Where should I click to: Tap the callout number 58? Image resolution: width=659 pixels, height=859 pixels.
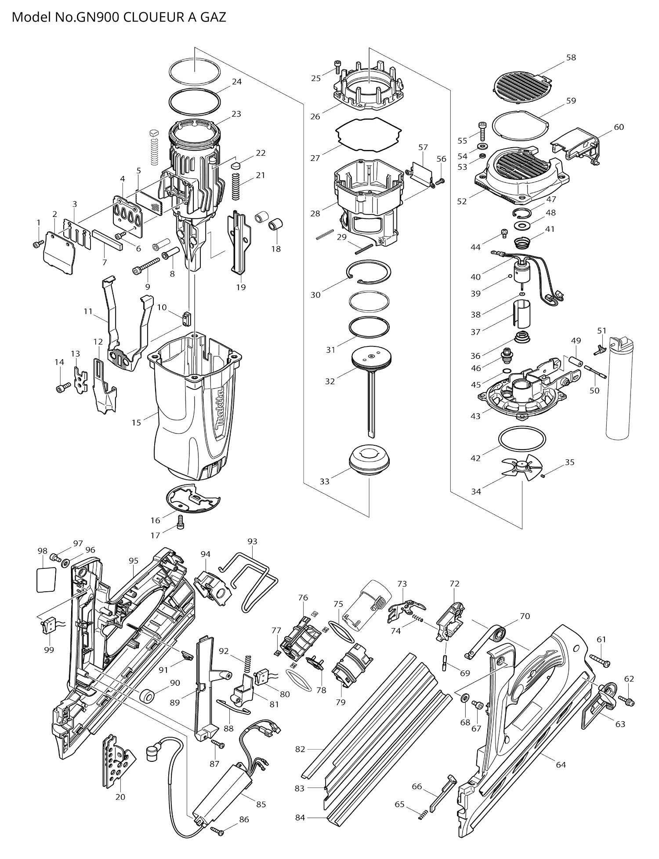571,58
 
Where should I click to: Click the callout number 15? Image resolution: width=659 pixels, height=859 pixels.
136,422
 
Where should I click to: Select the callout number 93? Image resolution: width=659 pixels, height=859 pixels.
252,542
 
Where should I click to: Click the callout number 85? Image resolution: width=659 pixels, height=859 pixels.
261,804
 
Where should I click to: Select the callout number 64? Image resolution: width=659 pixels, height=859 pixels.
561,765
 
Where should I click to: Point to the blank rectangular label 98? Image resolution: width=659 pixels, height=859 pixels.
46,580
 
